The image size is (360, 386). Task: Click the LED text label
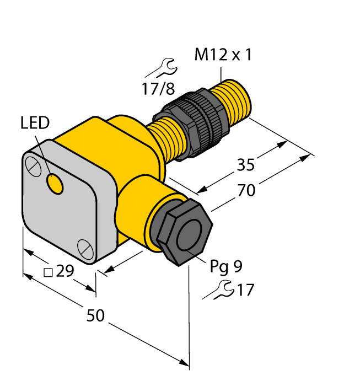35,122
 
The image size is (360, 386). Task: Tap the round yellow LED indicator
55,184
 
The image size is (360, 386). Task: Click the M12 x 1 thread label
223,55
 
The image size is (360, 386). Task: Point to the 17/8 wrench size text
158,88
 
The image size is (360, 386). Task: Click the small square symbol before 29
48,272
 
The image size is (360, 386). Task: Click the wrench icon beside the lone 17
218,289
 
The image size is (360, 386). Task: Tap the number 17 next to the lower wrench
245,289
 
